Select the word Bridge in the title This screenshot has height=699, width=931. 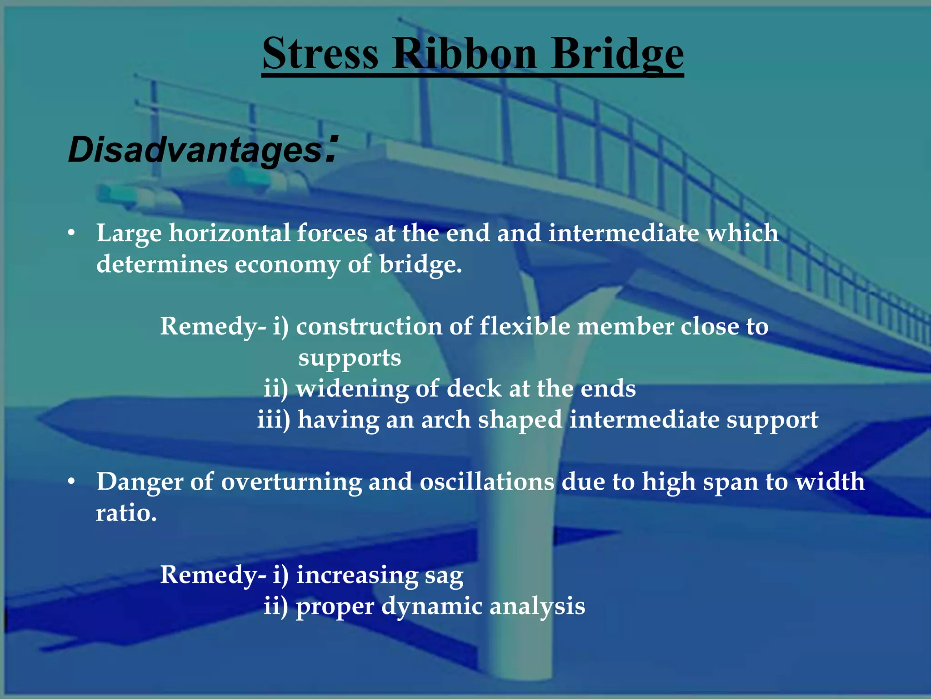click(x=617, y=55)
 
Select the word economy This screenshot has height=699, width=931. click(x=287, y=264)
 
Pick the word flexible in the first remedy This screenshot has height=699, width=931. click(x=525, y=326)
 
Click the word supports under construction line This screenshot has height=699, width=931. click(x=350, y=358)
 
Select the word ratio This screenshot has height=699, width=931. click(x=126, y=513)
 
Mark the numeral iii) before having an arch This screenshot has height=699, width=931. click(x=274, y=420)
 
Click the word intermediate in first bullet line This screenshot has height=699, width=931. click(x=624, y=233)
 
